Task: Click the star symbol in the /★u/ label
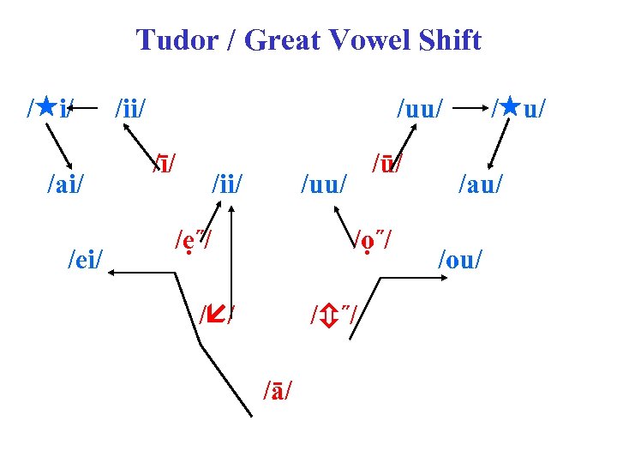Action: (511, 109)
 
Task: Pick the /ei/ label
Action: (87, 258)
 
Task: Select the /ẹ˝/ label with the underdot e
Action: (194, 237)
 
